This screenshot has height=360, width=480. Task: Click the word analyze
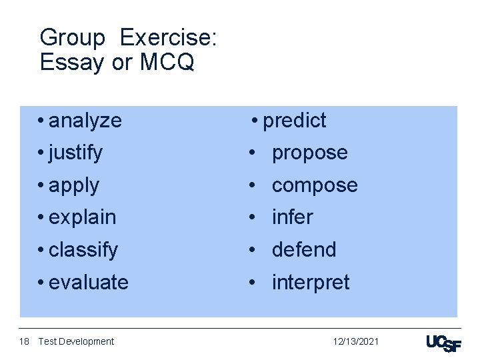pyautogui.click(x=85, y=121)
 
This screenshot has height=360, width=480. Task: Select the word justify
pyautogui.click(x=75, y=153)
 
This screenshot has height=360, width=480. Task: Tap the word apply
pyautogui.click(x=74, y=185)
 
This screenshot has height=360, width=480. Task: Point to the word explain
pyautogui.click(x=83, y=217)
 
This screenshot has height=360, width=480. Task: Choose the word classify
pyautogui.click(x=83, y=250)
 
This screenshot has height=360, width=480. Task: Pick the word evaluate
pyautogui.click(x=89, y=283)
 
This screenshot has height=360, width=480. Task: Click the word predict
pyautogui.click(x=294, y=121)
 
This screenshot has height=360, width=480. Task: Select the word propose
pyautogui.click(x=309, y=153)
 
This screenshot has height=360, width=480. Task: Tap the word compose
pyautogui.click(x=315, y=185)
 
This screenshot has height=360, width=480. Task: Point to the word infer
pyautogui.click(x=292, y=217)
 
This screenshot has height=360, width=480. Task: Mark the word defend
pyautogui.click(x=304, y=250)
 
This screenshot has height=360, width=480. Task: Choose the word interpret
pyautogui.click(x=310, y=283)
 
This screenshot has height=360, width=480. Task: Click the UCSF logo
pyautogui.click(x=443, y=343)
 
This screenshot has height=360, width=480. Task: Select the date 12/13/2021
pyautogui.click(x=356, y=341)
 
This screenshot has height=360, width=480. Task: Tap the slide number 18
pyautogui.click(x=24, y=341)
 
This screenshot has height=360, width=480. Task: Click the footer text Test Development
pyautogui.click(x=76, y=341)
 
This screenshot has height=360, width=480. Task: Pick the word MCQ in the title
pyautogui.click(x=167, y=62)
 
